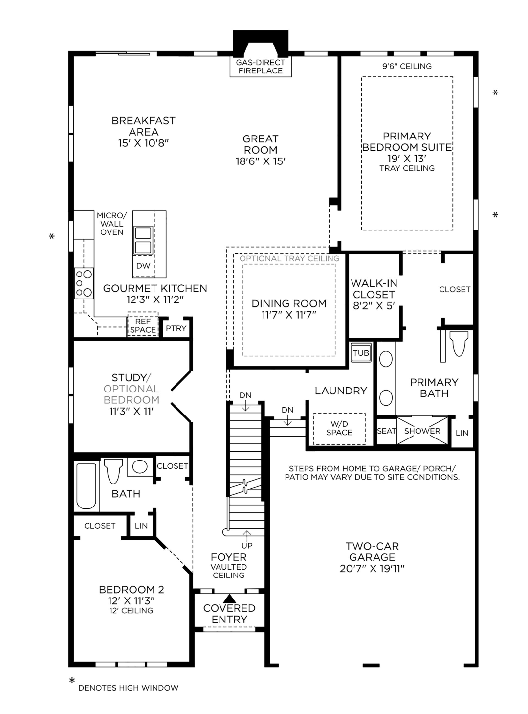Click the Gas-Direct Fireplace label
(260, 67)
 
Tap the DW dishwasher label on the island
(143, 266)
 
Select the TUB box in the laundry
(361, 353)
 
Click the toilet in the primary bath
(458, 345)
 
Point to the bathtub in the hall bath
(86, 486)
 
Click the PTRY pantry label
(176, 328)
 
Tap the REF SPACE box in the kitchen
(143, 325)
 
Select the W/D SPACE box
(339, 429)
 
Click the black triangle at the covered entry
(229, 598)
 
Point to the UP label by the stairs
(247, 545)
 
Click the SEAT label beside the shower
(386, 431)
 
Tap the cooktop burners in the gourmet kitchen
(84, 283)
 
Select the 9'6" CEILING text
(407, 66)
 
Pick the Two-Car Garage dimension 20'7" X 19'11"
(372, 569)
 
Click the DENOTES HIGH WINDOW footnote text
(128, 688)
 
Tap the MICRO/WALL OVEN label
(111, 224)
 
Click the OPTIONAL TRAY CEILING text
(289, 258)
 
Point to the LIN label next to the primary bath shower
(462, 433)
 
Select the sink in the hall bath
(140, 466)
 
